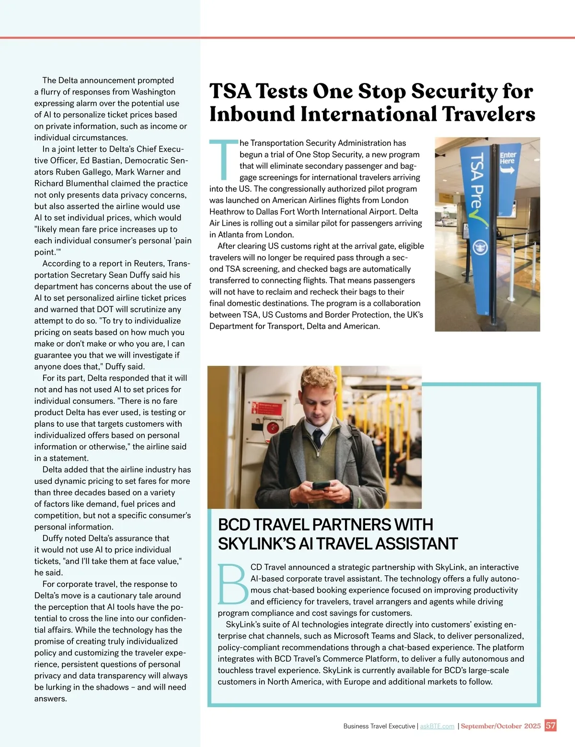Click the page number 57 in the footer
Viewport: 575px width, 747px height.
[551, 725]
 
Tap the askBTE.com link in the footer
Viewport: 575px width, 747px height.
[437, 726]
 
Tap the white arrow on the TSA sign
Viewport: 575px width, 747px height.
[507, 169]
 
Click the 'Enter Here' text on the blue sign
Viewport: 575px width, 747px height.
[507, 158]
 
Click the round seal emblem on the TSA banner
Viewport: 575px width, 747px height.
[478, 247]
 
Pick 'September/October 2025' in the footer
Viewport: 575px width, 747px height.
[500, 726]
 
